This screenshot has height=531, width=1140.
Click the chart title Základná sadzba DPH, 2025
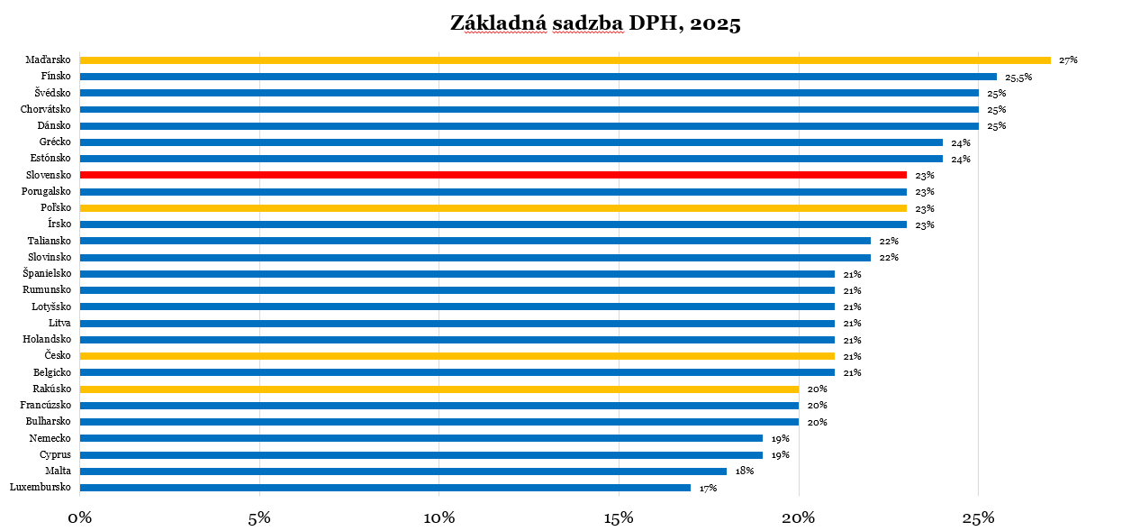[595, 23]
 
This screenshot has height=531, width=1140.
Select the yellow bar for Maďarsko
[565, 60]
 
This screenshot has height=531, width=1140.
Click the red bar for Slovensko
[493, 175]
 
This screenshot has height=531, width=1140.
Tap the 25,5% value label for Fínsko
[1018, 78]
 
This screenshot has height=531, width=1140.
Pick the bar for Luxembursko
[385, 488]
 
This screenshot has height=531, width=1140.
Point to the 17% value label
[708, 488]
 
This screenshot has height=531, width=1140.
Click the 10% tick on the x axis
[439, 518]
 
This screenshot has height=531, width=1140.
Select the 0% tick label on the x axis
[79, 518]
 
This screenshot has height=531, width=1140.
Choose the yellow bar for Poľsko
[493, 208]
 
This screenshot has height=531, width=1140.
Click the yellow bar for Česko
[457, 356]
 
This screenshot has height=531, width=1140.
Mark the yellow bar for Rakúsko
[439, 389]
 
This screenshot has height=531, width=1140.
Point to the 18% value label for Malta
[744, 471]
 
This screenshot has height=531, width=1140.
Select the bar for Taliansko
[475, 241]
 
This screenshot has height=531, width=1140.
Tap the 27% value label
[1068, 60]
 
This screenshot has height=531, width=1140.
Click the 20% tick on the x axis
[798, 518]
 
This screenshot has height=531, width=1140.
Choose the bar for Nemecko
[421, 438]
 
